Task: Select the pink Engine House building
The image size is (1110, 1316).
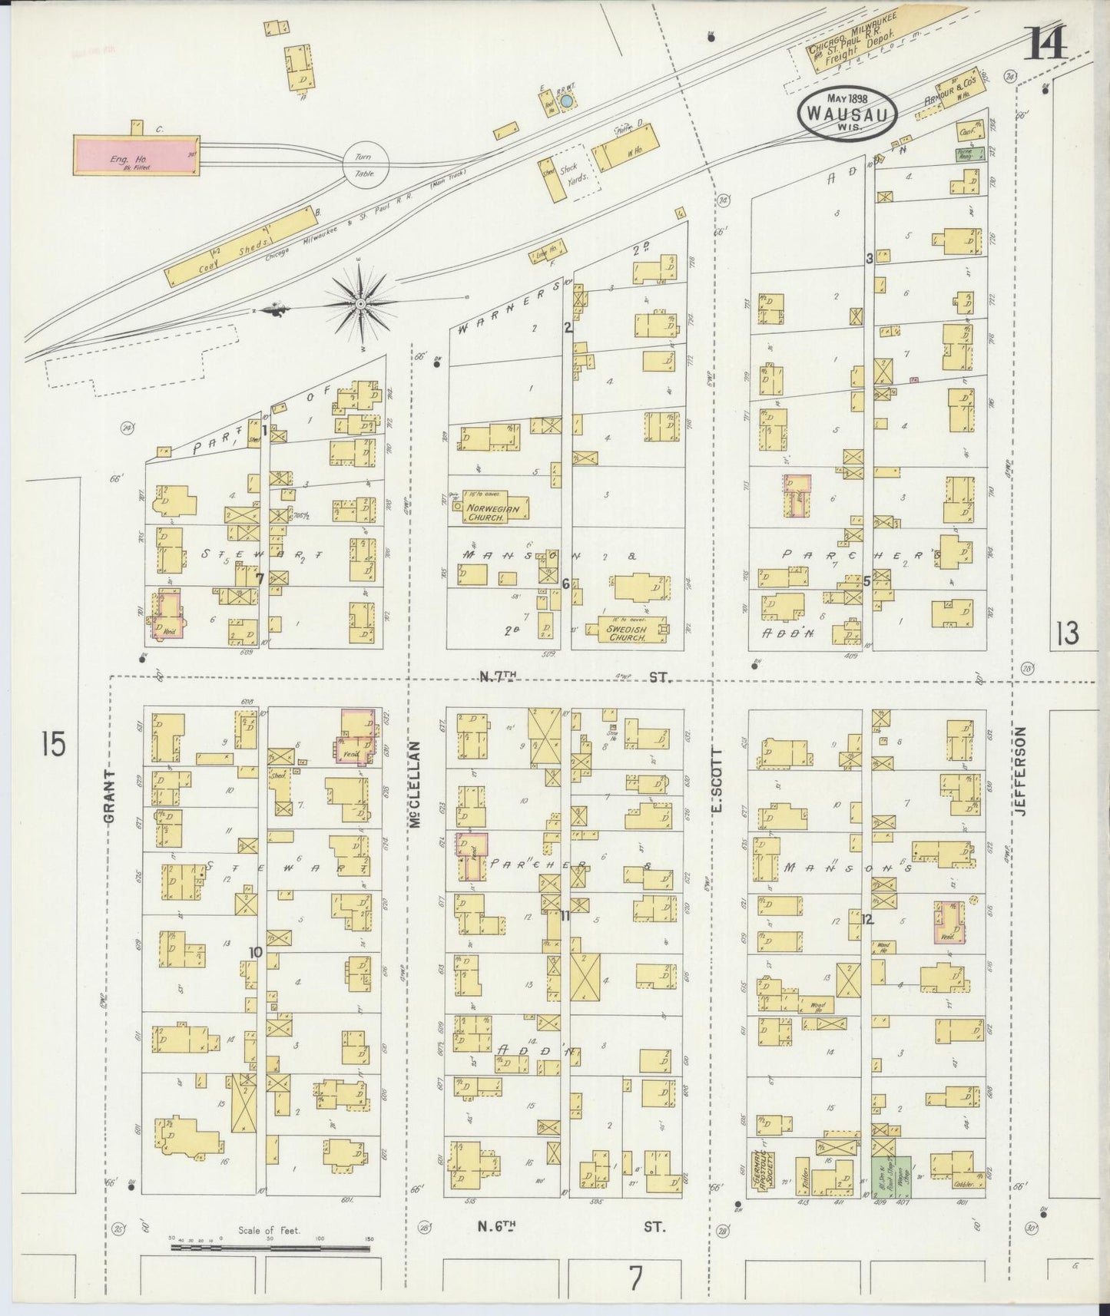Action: coord(134,156)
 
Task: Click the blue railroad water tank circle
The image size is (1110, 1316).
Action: coord(566,101)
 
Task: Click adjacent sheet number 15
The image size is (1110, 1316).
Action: coord(53,744)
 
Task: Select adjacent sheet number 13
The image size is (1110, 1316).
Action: coord(1067,633)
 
